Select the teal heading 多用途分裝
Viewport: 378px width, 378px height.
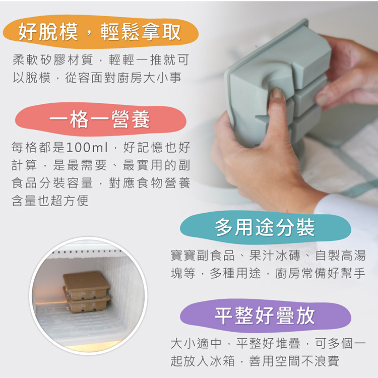point(265,227)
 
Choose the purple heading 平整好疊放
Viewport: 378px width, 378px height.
point(265,316)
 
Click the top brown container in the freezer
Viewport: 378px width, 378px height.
point(86,282)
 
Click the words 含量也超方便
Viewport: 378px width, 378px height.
point(50,201)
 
